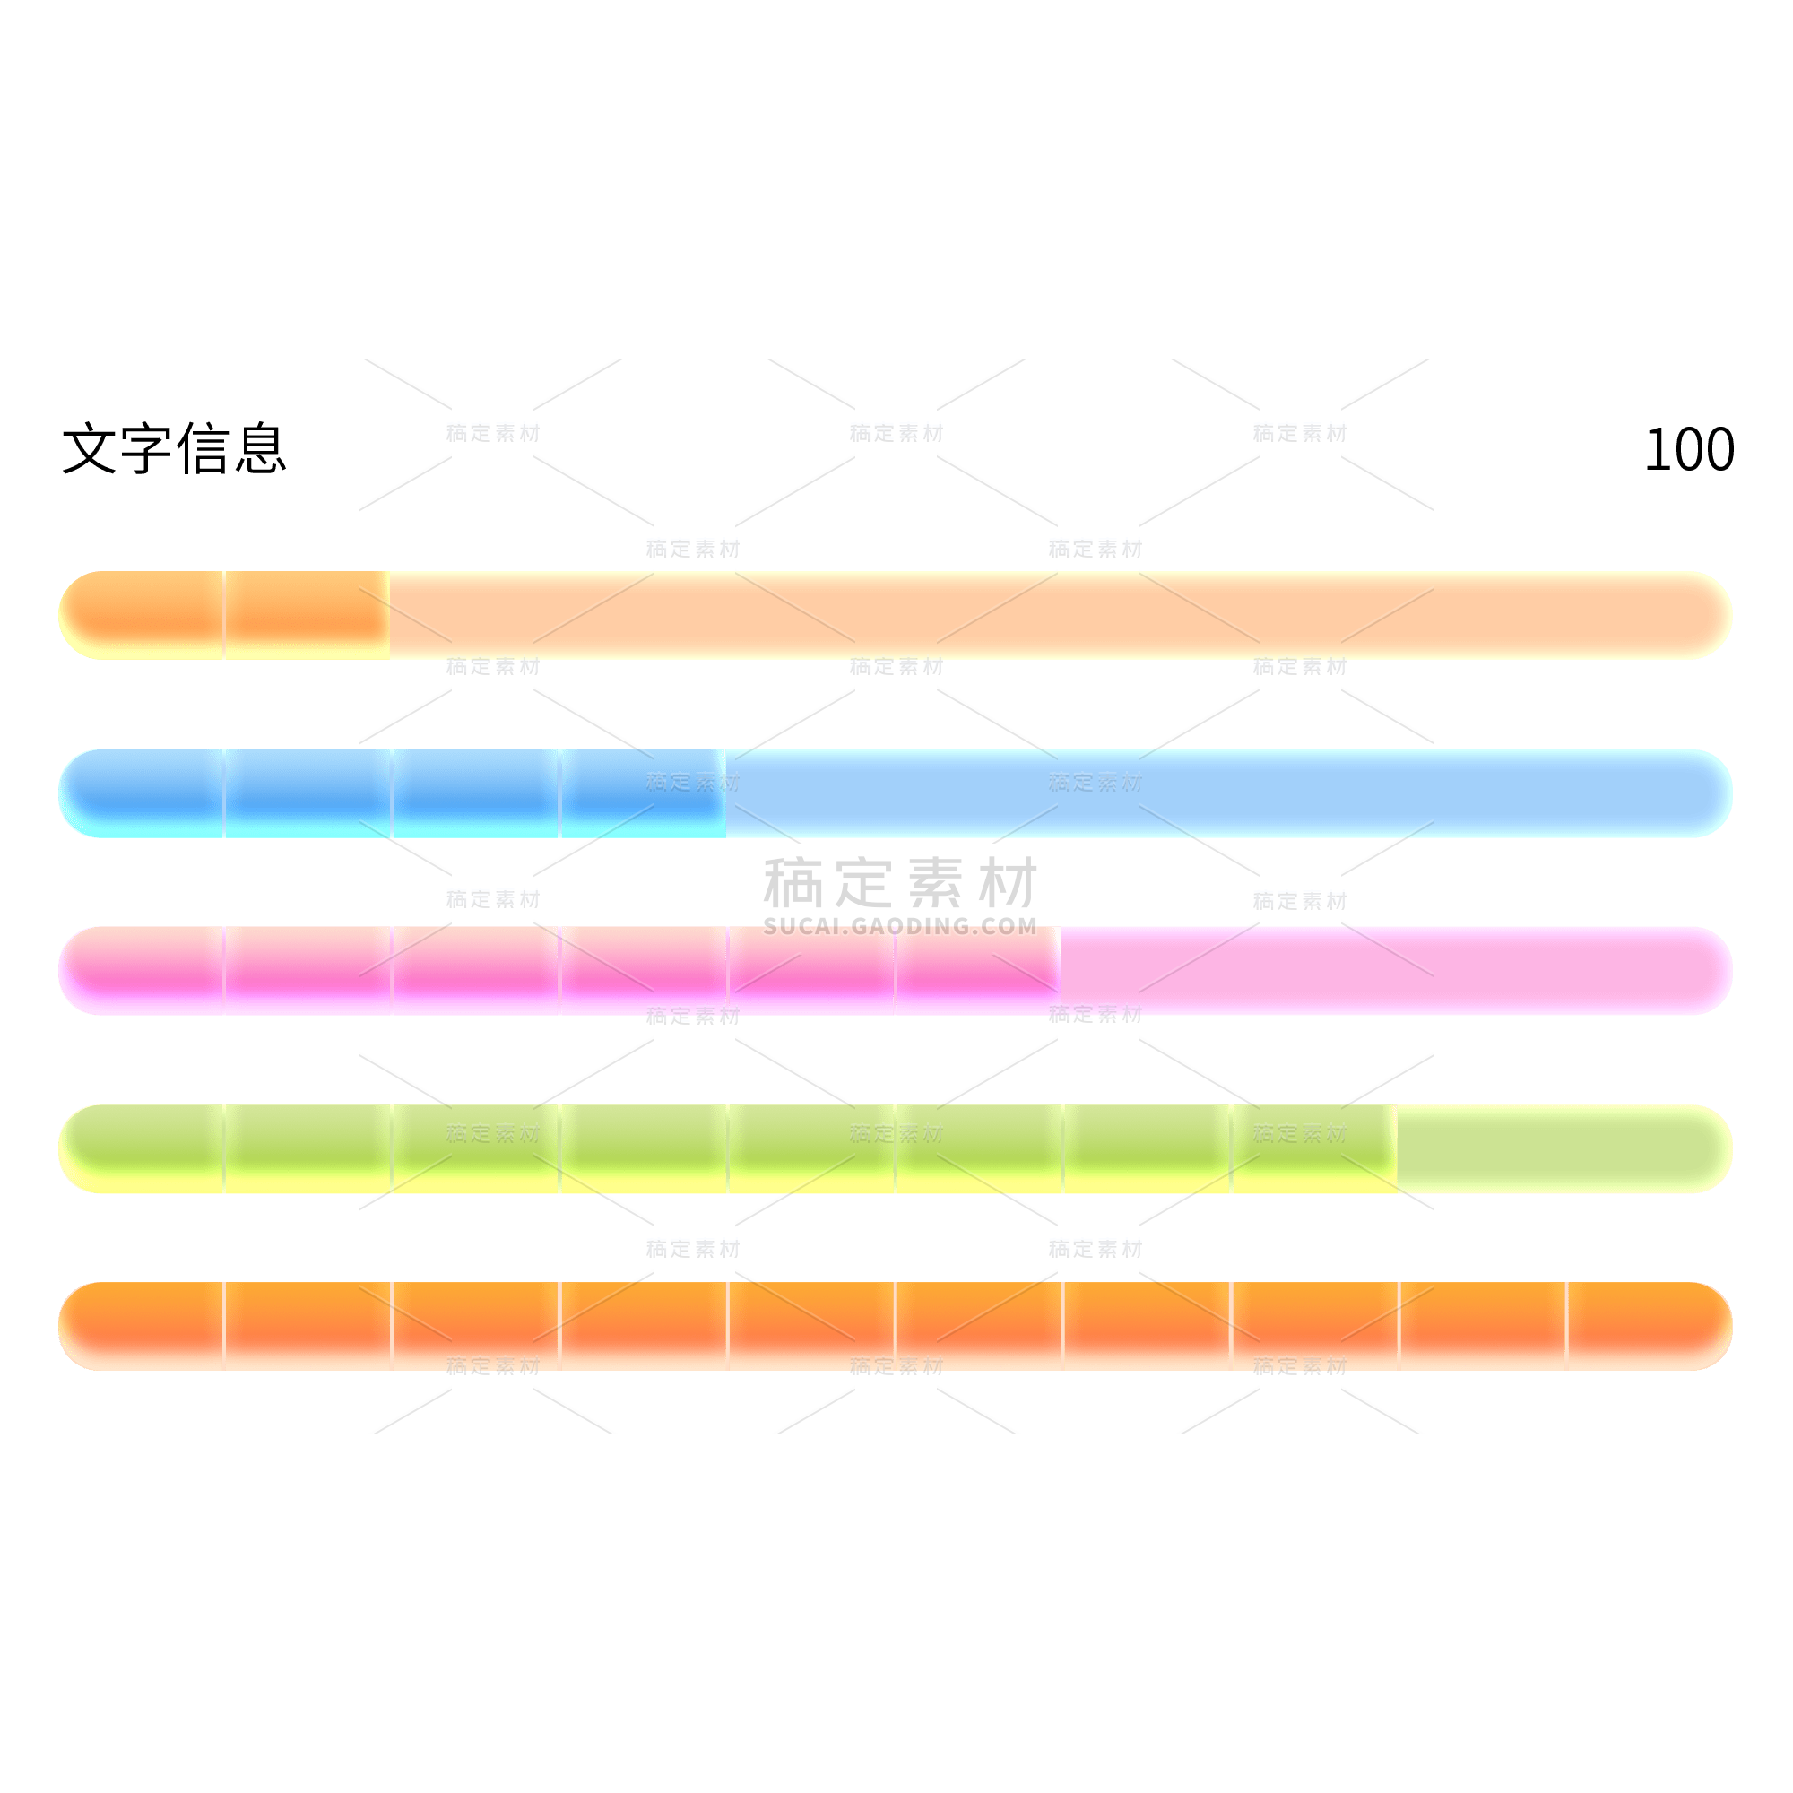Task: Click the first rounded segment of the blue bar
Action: (x=141, y=793)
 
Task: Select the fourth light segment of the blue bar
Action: (x=643, y=793)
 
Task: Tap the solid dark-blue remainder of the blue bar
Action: (x=1225, y=793)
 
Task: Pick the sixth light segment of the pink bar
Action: (x=978, y=971)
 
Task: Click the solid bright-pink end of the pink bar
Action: (x=1392, y=971)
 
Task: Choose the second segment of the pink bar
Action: (x=308, y=971)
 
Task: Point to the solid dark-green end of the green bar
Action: (x=1559, y=1149)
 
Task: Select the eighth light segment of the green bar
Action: (x=1314, y=1149)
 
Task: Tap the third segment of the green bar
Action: (x=476, y=1149)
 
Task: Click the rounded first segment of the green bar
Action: (x=141, y=1149)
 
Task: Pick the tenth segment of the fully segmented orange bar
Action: (x=1647, y=1326)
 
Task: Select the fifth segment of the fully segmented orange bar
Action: (x=811, y=1326)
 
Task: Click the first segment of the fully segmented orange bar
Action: (x=141, y=1326)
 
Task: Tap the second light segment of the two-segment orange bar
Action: (x=307, y=615)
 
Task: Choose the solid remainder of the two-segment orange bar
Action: (x=1058, y=615)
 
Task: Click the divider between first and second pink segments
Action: (x=223, y=971)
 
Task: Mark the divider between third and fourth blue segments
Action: (x=559, y=793)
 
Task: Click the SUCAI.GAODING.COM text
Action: (x=899, y=925)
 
